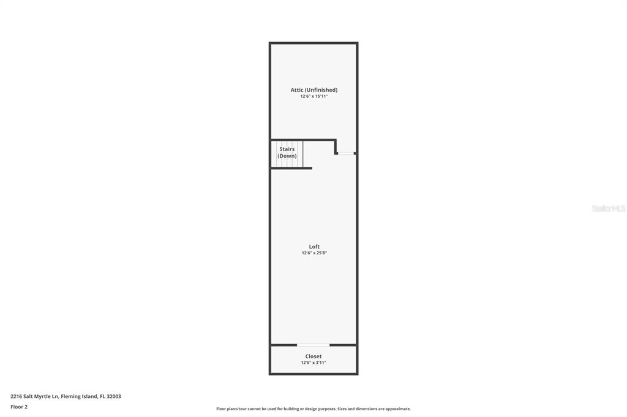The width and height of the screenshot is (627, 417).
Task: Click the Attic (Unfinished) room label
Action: (314, 90)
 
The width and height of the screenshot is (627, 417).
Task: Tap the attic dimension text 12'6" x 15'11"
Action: (314, 96)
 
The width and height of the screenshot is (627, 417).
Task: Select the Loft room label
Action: (314, 246)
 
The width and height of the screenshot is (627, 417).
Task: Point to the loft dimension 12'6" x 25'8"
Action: (314, 253)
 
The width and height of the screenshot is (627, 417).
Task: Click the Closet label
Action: (313, 356)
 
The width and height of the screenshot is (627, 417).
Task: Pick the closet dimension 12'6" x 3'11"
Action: (313, 363)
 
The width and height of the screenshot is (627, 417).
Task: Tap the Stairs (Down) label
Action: (287, 152)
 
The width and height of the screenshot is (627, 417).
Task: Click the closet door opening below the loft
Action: (313, 345)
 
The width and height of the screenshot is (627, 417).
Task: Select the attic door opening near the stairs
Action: (347, 153)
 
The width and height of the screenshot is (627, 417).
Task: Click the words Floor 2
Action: (19, 407)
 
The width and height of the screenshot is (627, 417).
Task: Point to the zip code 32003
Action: (114, 396)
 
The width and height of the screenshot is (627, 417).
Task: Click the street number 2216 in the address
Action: (16, 396)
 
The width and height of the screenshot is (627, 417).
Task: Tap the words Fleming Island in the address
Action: (79, 396)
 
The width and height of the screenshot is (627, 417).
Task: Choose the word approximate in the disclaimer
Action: (397, 409)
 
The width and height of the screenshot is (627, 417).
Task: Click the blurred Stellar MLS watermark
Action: (609, 208)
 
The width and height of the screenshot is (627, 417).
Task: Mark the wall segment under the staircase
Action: (291, 168)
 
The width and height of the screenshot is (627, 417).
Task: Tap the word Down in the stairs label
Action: (287, 156)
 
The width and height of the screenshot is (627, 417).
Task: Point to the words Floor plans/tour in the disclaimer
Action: (231, 409)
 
